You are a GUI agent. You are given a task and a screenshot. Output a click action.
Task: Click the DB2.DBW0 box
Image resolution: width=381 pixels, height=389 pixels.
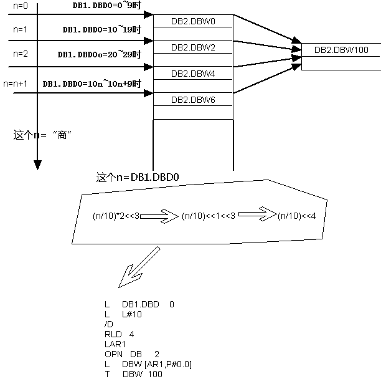click(x=193, y=21)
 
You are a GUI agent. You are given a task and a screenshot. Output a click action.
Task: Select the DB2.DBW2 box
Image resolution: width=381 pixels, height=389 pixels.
click(x=193, y=47)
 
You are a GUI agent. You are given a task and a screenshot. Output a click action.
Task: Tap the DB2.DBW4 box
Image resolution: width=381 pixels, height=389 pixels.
click(x=193, y=74)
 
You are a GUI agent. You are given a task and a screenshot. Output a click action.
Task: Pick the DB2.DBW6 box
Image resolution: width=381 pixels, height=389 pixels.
click(x=193, y=100)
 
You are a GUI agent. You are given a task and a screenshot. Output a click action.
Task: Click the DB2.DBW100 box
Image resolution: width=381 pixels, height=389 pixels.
click(x=341, y=50)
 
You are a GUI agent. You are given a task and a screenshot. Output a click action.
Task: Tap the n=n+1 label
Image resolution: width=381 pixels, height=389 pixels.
click(x=16, y=83)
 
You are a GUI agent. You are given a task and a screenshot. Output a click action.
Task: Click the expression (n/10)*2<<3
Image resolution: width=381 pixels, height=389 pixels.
click(x=116, y=216)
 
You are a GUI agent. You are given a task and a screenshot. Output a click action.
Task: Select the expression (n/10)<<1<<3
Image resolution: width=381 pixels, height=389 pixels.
click(x=209, y=216)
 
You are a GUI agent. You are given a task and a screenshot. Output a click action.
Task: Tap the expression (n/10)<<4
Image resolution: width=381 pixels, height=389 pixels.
click(x=297, y=216)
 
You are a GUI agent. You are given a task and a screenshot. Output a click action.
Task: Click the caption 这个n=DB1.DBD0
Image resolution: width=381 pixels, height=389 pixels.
click(x=138, y=178)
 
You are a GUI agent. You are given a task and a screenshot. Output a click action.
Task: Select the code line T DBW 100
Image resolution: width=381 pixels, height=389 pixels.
click(x=133, y=374)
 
